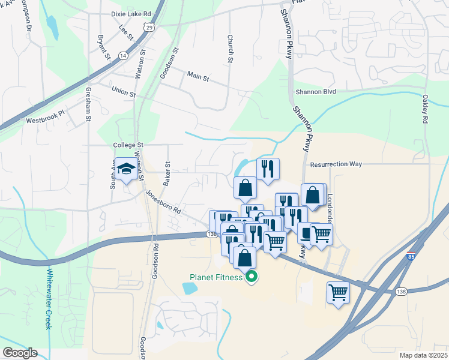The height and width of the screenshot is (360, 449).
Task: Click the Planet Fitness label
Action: (216, 277)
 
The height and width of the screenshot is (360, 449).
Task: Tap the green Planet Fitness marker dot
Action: (252, 277)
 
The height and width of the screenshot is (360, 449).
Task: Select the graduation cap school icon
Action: (127, 169)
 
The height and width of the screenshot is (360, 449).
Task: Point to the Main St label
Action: (197, 77)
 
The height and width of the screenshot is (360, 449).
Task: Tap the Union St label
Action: (124, 91)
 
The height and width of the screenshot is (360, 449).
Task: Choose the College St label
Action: (128, 145)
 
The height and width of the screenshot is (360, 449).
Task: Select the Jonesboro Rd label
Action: (163, 202)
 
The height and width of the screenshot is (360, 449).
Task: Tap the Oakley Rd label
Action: (424, 109)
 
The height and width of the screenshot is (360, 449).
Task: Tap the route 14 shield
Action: (123, 56)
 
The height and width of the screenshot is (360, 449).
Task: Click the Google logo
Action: (19, 353)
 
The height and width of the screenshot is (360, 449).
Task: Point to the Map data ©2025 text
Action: (423, 355)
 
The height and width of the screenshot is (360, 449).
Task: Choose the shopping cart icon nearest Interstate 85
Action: (339, 292)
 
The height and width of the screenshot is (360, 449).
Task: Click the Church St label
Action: (230, 47)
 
